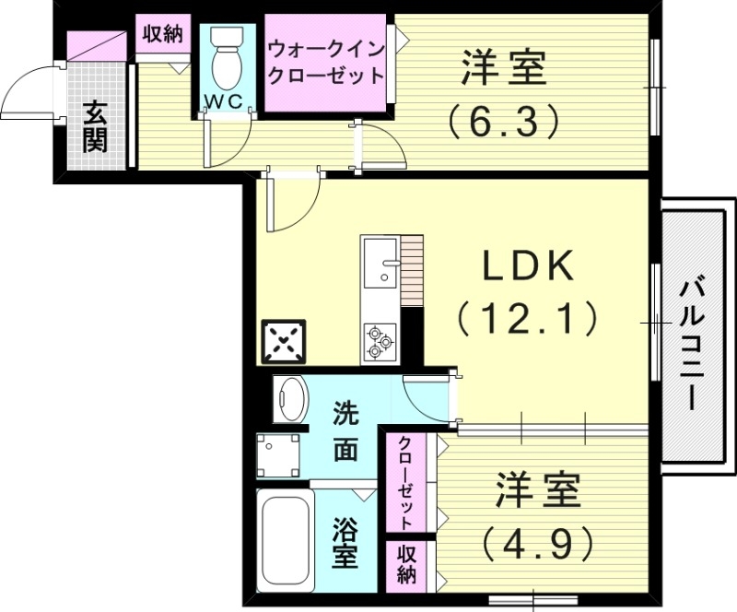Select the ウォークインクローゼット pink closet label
(324, 63)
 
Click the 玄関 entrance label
(95, 126)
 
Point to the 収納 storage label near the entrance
(163, 35)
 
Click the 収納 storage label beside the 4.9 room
(406, 563)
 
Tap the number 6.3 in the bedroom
(503, 119)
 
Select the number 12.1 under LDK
(526, 319)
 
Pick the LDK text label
(530, 267)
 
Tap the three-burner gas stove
(379, 341)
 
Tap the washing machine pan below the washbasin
(280, 453)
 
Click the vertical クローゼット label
(405, 481)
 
